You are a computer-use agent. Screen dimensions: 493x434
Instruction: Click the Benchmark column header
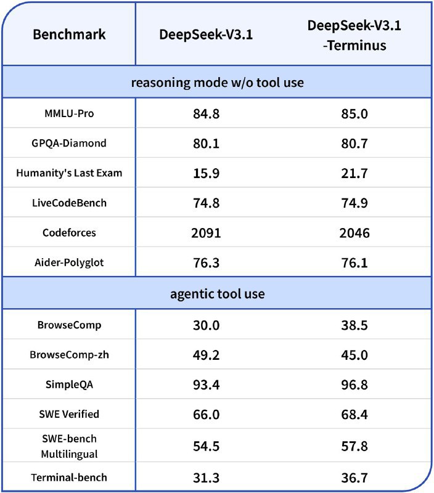(69, 34)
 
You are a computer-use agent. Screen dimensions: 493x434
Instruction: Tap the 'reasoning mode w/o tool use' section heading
(217, 82)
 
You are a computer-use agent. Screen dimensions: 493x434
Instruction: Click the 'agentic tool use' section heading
(217, 293)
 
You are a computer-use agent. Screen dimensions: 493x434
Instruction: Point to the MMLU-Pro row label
(69, 113)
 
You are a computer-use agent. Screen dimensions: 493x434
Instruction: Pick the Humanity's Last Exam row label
(69, 173)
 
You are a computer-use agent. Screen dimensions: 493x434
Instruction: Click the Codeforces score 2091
(207, 232)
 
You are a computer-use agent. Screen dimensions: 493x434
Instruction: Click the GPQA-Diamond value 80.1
(207, 144)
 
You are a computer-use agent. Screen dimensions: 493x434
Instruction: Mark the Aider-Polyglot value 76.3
(207, 262)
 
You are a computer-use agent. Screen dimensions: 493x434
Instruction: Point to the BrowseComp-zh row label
(69, 354)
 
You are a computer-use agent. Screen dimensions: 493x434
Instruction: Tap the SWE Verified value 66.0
(207, 414)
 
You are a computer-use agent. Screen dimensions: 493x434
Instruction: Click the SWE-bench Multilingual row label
(69, 446)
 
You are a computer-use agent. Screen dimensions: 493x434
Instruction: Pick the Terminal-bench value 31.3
(207, 478)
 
